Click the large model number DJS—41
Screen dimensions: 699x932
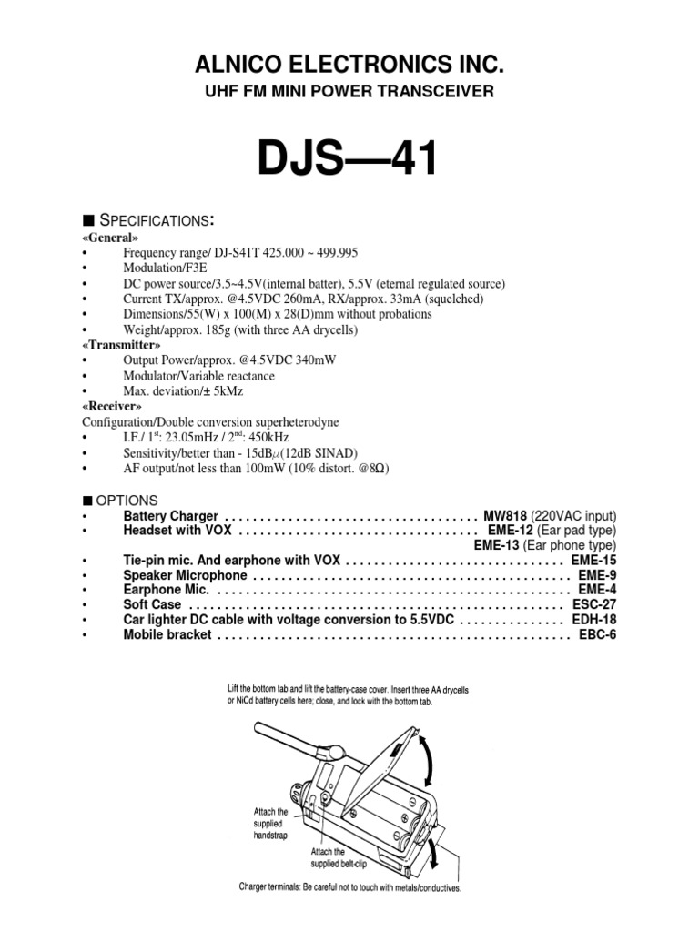(x=349, y=161)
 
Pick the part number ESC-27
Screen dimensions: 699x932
(x=594, y=604)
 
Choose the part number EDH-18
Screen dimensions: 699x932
(x=593, y=619)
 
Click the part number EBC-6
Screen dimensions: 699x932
(x=598, y=634)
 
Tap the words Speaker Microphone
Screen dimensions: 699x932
(x=185, y=575)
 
